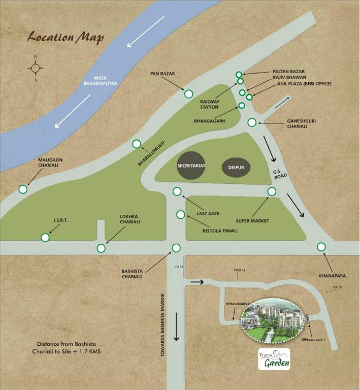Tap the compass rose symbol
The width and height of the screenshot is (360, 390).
point(35,68)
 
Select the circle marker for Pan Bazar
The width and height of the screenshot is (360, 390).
point(188,93)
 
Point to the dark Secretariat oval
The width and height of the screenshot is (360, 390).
point(191,166)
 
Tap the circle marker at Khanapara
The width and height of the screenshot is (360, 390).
point(321,247)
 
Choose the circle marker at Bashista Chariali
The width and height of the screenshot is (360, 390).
point(176,248)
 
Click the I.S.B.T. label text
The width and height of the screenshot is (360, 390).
point(60,221)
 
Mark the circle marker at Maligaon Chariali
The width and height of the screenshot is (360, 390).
point(22,189)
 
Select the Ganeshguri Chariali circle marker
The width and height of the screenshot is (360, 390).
point(252,122)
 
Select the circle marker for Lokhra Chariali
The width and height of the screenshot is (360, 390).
point(101,248)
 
